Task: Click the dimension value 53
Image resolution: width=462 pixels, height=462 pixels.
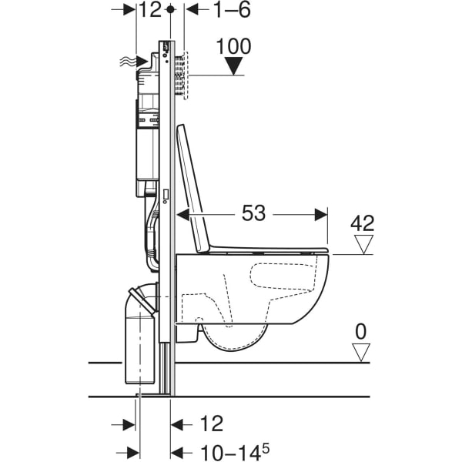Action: (253, 213)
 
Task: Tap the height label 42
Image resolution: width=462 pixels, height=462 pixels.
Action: (363, 223)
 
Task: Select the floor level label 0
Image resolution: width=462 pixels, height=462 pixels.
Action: (361, 333)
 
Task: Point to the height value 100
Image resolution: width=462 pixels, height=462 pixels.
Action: (234, 46)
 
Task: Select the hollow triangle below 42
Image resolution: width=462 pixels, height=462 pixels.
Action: (362, 245)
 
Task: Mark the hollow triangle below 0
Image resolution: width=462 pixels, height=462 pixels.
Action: (360, 353)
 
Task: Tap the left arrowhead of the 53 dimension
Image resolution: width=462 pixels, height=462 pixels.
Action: (183, 214)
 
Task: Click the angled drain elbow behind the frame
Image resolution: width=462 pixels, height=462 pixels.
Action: (142, 296)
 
